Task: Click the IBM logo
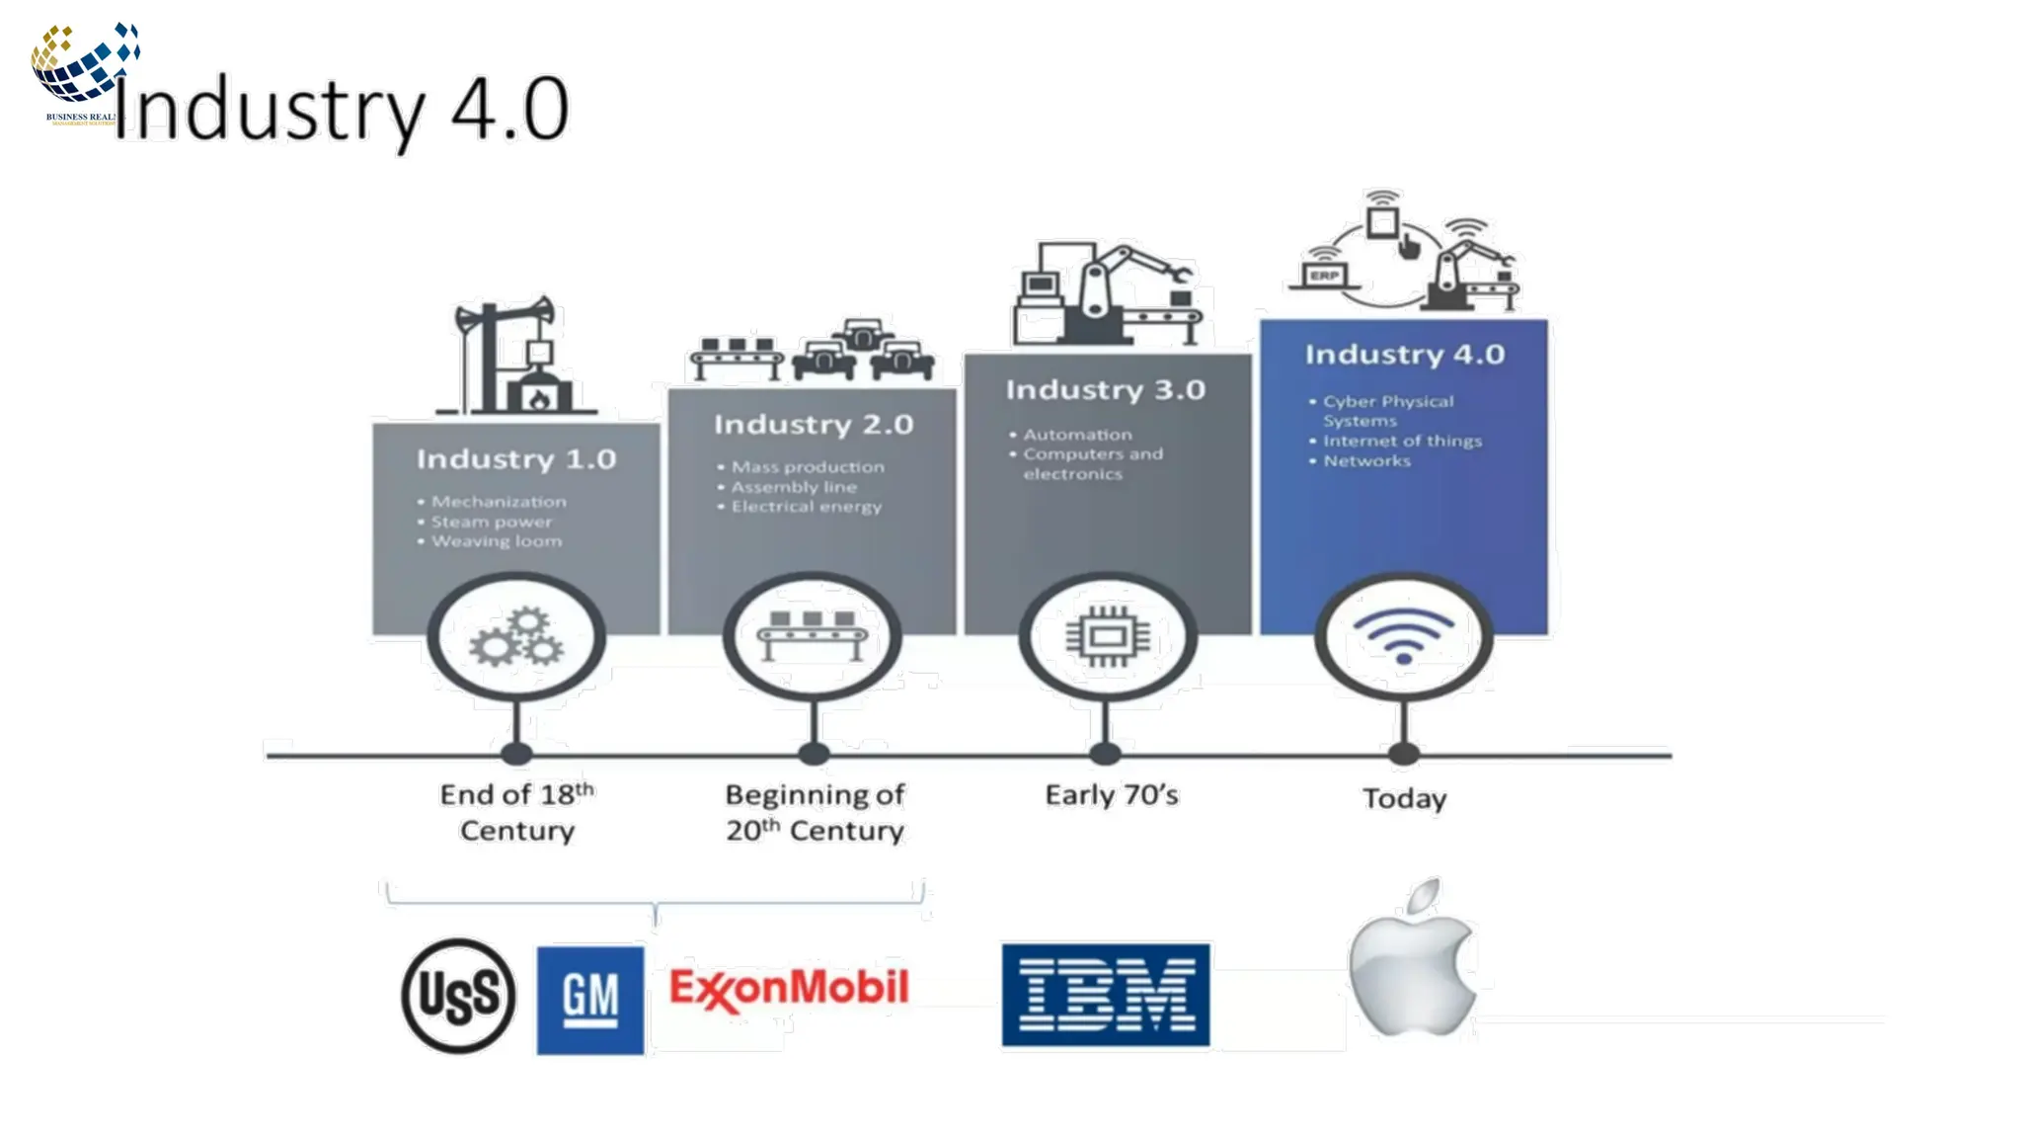(1105, 995)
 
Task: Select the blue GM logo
(590, 999)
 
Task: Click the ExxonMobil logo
(788, 989)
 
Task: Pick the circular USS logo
(458, 995)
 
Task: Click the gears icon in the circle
(516, 637)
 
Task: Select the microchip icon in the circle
(1107, 637)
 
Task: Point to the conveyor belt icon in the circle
(812, 635)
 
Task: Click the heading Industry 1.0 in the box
(516, 459)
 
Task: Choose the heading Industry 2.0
(814, 425)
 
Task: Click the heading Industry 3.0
(1106, 390)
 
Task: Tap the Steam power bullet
(491, 522)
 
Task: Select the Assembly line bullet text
(794, 487)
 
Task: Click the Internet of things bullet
(1402, 442)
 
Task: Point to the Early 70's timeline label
(1112, 795)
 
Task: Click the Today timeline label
(1404, 798)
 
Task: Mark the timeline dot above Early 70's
(1106, 754)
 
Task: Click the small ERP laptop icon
(1324, 276)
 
